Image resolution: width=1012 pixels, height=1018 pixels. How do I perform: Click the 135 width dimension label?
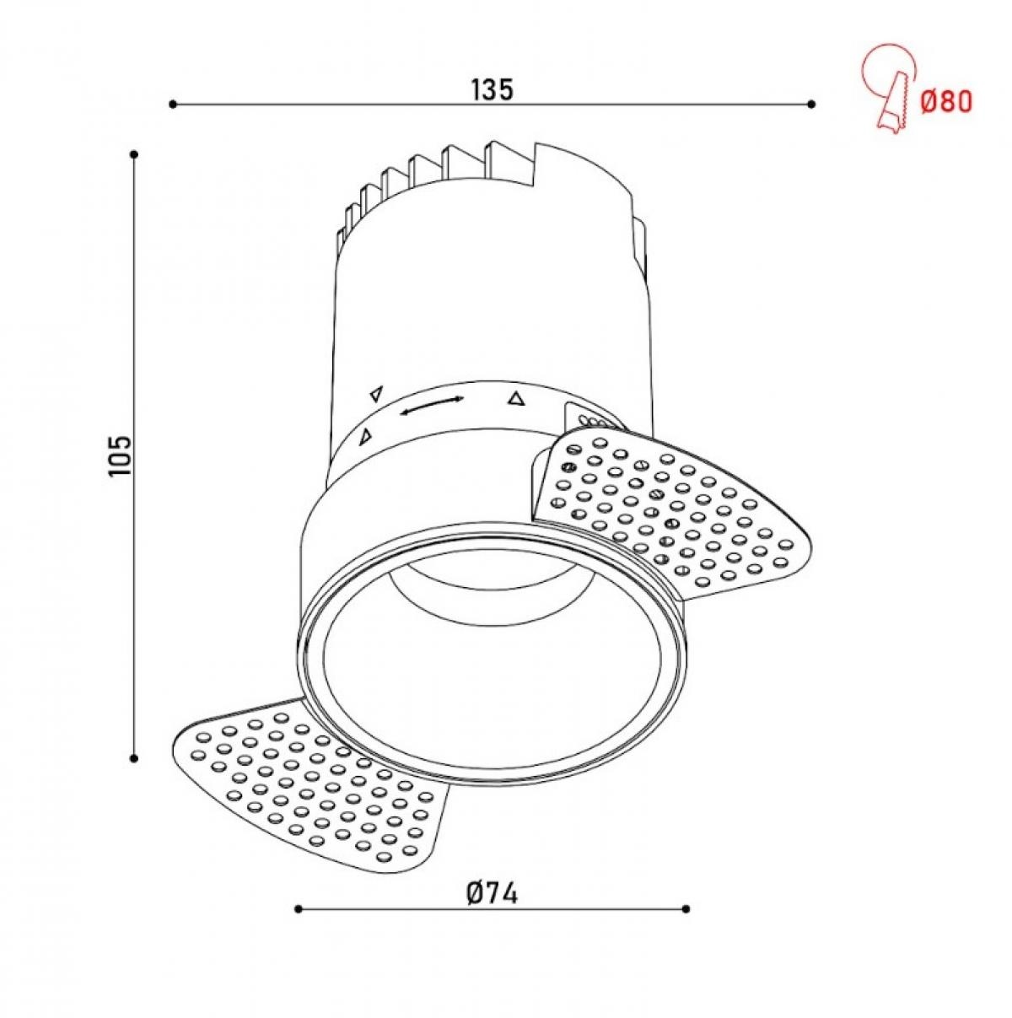492,89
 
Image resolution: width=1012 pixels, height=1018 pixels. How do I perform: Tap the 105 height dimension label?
120,456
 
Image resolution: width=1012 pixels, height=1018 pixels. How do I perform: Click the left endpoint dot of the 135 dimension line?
172,104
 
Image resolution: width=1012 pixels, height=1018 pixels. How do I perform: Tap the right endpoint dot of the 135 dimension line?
812,104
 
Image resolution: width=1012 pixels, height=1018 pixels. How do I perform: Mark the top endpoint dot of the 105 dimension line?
134,154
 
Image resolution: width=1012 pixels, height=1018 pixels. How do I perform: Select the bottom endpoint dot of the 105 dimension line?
134,758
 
